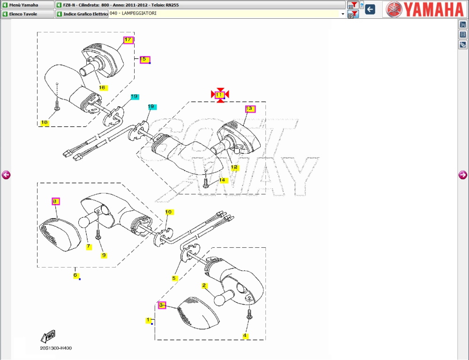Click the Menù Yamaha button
[27, 5]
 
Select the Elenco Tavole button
[27, 14]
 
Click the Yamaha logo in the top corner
[424, 9]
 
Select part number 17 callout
[128, 40]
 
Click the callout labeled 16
[102, 87]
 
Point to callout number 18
[45, 123]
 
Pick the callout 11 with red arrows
[219, 94]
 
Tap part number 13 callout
[250, 109]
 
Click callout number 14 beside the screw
[222, 180]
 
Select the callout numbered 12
[234, 167]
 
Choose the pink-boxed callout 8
[55, 201]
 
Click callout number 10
[169, 212]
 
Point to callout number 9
[104, 255]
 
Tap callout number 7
[89, 246]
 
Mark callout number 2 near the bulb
[204, 285]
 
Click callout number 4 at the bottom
[245, 336]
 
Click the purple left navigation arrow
[6, 175]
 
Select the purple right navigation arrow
[462, 175]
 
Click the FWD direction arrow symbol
[48, 336]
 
